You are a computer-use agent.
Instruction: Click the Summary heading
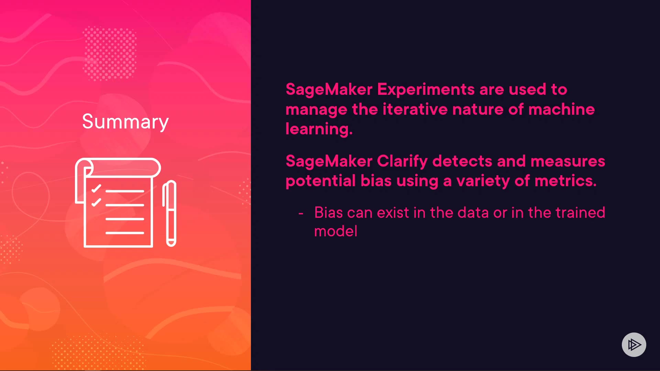(x=125, y=122)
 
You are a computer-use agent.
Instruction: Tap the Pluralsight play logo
(x=634, y=345)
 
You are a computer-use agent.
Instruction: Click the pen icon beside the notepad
(x=169, y=213)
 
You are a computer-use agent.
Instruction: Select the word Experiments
(x=426, y=90)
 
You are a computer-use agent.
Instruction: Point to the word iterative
(x=415, y=109)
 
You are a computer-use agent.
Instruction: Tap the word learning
(x=319, y=129)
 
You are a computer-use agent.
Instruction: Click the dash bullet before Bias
(x=301, y=214)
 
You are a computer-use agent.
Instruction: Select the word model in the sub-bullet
(x=336, y=231)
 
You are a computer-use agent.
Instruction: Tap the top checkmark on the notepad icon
(x=96, y=188)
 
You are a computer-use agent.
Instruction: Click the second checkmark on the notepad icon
(x=96, y=202)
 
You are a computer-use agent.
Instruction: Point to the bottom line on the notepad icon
(x=125, y=233)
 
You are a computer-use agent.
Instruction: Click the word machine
(x=562, y=109)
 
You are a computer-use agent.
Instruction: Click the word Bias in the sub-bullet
(x=329, y=212)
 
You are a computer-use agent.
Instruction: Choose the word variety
(x=483, y=181)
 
